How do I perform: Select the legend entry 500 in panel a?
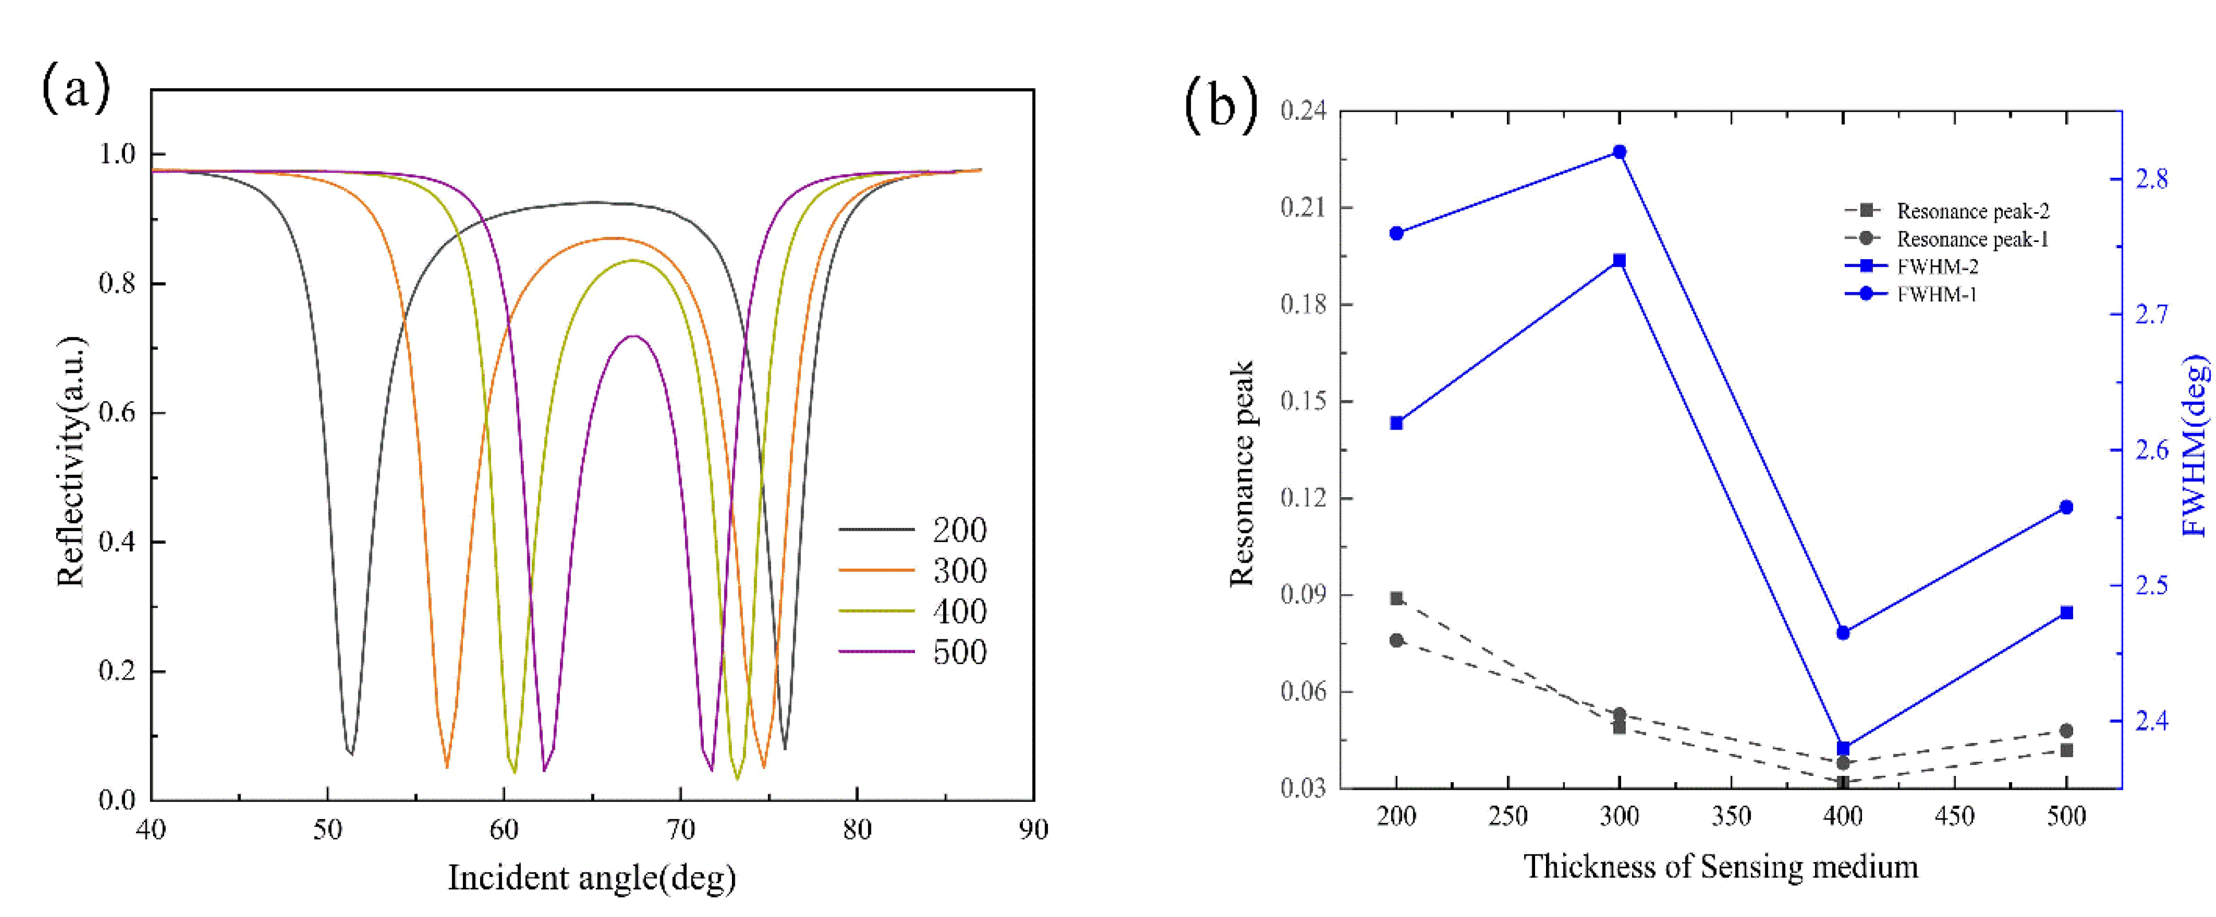point(959,651)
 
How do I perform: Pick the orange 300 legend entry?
point(959,570)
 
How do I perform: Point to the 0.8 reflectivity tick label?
point(117,283)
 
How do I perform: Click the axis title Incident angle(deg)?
point(592,877)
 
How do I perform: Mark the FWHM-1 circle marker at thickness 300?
point(1619,153)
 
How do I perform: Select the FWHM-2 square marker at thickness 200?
point(1396,423)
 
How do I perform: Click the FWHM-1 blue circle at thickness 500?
point(2066,508)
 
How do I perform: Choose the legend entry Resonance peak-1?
point(1972,239)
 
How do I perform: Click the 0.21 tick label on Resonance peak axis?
point(1302,208)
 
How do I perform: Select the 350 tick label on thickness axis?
point(1731,815)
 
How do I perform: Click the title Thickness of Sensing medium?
point(1720,866)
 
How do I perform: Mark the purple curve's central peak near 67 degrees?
point(634,336)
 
